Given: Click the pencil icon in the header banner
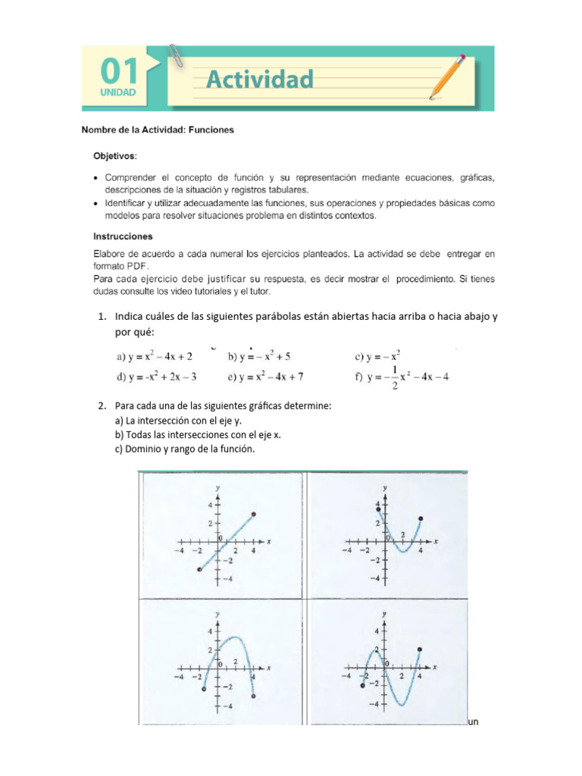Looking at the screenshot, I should pos(447,77).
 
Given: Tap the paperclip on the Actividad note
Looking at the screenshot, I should pos(177,55).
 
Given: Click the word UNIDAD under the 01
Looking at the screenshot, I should pos(117,93).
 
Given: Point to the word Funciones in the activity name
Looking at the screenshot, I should pos(210,130).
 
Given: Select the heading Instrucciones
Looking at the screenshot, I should pos(123,236).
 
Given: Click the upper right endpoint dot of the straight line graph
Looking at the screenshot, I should pos(253,515).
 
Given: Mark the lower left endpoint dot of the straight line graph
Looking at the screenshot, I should pos(199,569).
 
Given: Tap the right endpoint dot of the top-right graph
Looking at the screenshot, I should pos(421,519).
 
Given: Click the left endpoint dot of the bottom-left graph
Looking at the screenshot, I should pos(204,690).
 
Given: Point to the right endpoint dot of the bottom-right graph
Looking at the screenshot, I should pos(420,649).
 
